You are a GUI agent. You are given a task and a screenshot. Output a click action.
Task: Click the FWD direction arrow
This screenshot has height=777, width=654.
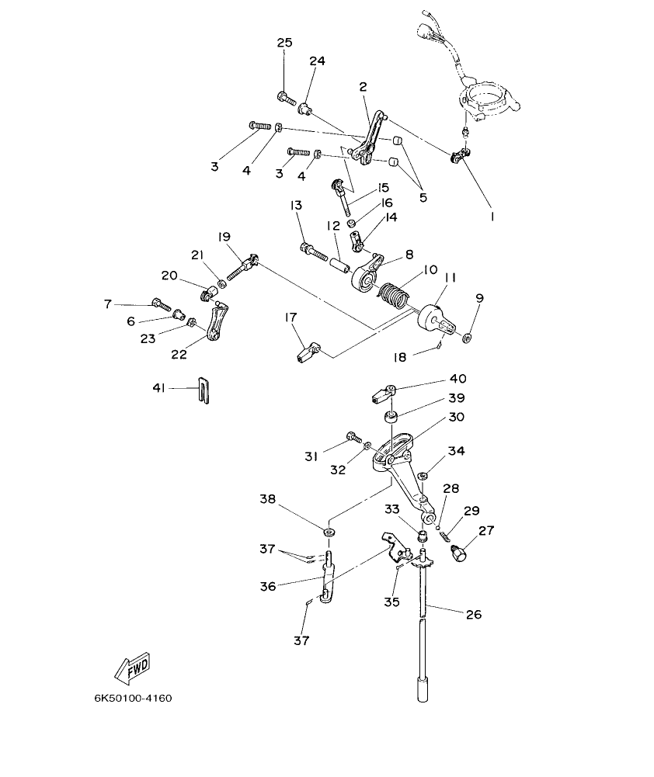point(131,665)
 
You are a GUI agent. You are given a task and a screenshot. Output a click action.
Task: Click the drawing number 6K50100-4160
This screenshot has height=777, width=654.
point(133,698)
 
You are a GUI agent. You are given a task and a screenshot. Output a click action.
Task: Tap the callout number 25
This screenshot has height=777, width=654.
point(284,43)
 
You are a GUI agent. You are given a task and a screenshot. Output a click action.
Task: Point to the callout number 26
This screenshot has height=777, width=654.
point(473,614)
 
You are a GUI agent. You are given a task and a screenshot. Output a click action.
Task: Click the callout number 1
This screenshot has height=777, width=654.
point(491,217)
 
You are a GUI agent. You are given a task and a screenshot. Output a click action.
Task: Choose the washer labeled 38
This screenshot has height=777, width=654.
point(329,532)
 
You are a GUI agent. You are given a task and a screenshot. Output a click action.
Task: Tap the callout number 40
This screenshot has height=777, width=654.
point(458,380)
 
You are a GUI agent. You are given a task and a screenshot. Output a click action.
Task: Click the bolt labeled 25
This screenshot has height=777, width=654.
point(285,98)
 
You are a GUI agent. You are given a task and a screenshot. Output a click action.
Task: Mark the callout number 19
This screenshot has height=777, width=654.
point(224,236)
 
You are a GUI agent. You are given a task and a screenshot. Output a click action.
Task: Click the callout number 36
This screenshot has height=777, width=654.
point(268,587)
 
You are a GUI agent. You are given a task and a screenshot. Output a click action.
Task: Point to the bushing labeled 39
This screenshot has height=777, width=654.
point(391,418)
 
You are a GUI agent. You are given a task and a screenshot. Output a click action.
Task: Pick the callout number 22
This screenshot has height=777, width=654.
point(179,354)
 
